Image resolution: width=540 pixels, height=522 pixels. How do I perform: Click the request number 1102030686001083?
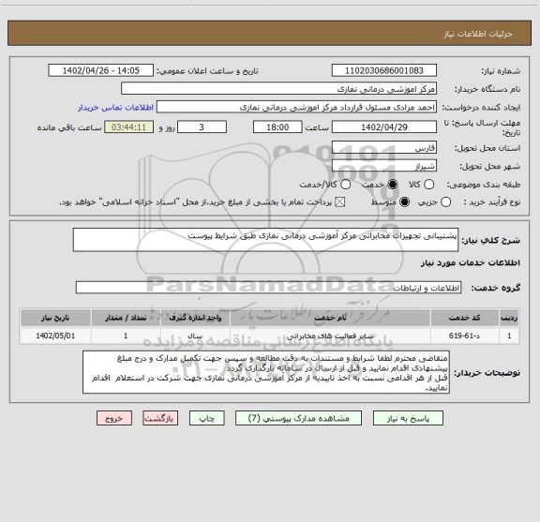tap(384, 70)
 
